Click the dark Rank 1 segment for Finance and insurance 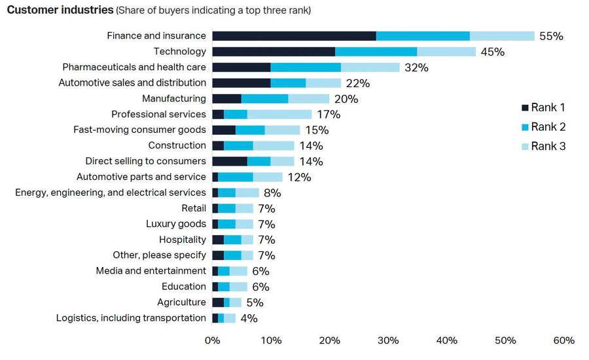click(x=294, y=36)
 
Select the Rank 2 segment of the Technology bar click(x=376, y=52)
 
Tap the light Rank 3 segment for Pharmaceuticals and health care click(x=370, y=67)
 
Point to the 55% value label click(x=551, y=36)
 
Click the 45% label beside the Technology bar click(x=492, y=52)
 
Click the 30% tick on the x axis click(x=388, y=340)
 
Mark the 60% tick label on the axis click(x=563, y=340)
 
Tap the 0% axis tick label click(x=212, y=340)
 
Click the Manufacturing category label click(x=174, y=99)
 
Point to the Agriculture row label click(x=181, y=302)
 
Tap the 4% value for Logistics click(x=249, y=318)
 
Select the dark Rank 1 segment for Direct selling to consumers click(x=230, y=161)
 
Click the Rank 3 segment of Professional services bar click(x=279, y=115)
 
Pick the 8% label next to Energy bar click(x=272, y=192)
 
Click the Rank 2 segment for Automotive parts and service click(x=236, y=177)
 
